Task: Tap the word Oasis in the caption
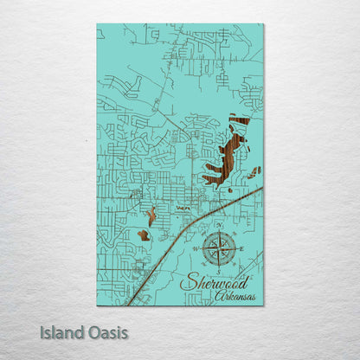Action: [x=102, y=332]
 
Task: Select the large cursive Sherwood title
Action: [x=215, y=283]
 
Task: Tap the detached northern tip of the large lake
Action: [x=239, y=120]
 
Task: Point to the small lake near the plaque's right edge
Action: [x=254, y=171]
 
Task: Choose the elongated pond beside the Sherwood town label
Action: [x=151, y=215]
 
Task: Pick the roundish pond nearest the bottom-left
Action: [x=143, y=235]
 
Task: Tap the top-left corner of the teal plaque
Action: [x=97, y=24]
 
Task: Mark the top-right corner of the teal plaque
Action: [x=263, y=24]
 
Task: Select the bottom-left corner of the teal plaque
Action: [x=97, y=305]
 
